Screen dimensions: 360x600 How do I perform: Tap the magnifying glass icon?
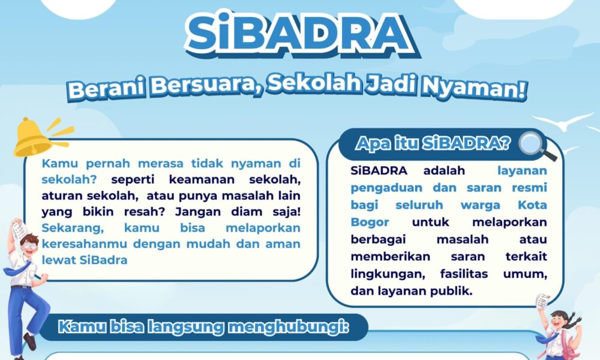pos(533,145)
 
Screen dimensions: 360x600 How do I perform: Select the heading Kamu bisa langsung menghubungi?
pos(204,328)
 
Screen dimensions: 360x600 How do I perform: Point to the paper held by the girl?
pos(543,301)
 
